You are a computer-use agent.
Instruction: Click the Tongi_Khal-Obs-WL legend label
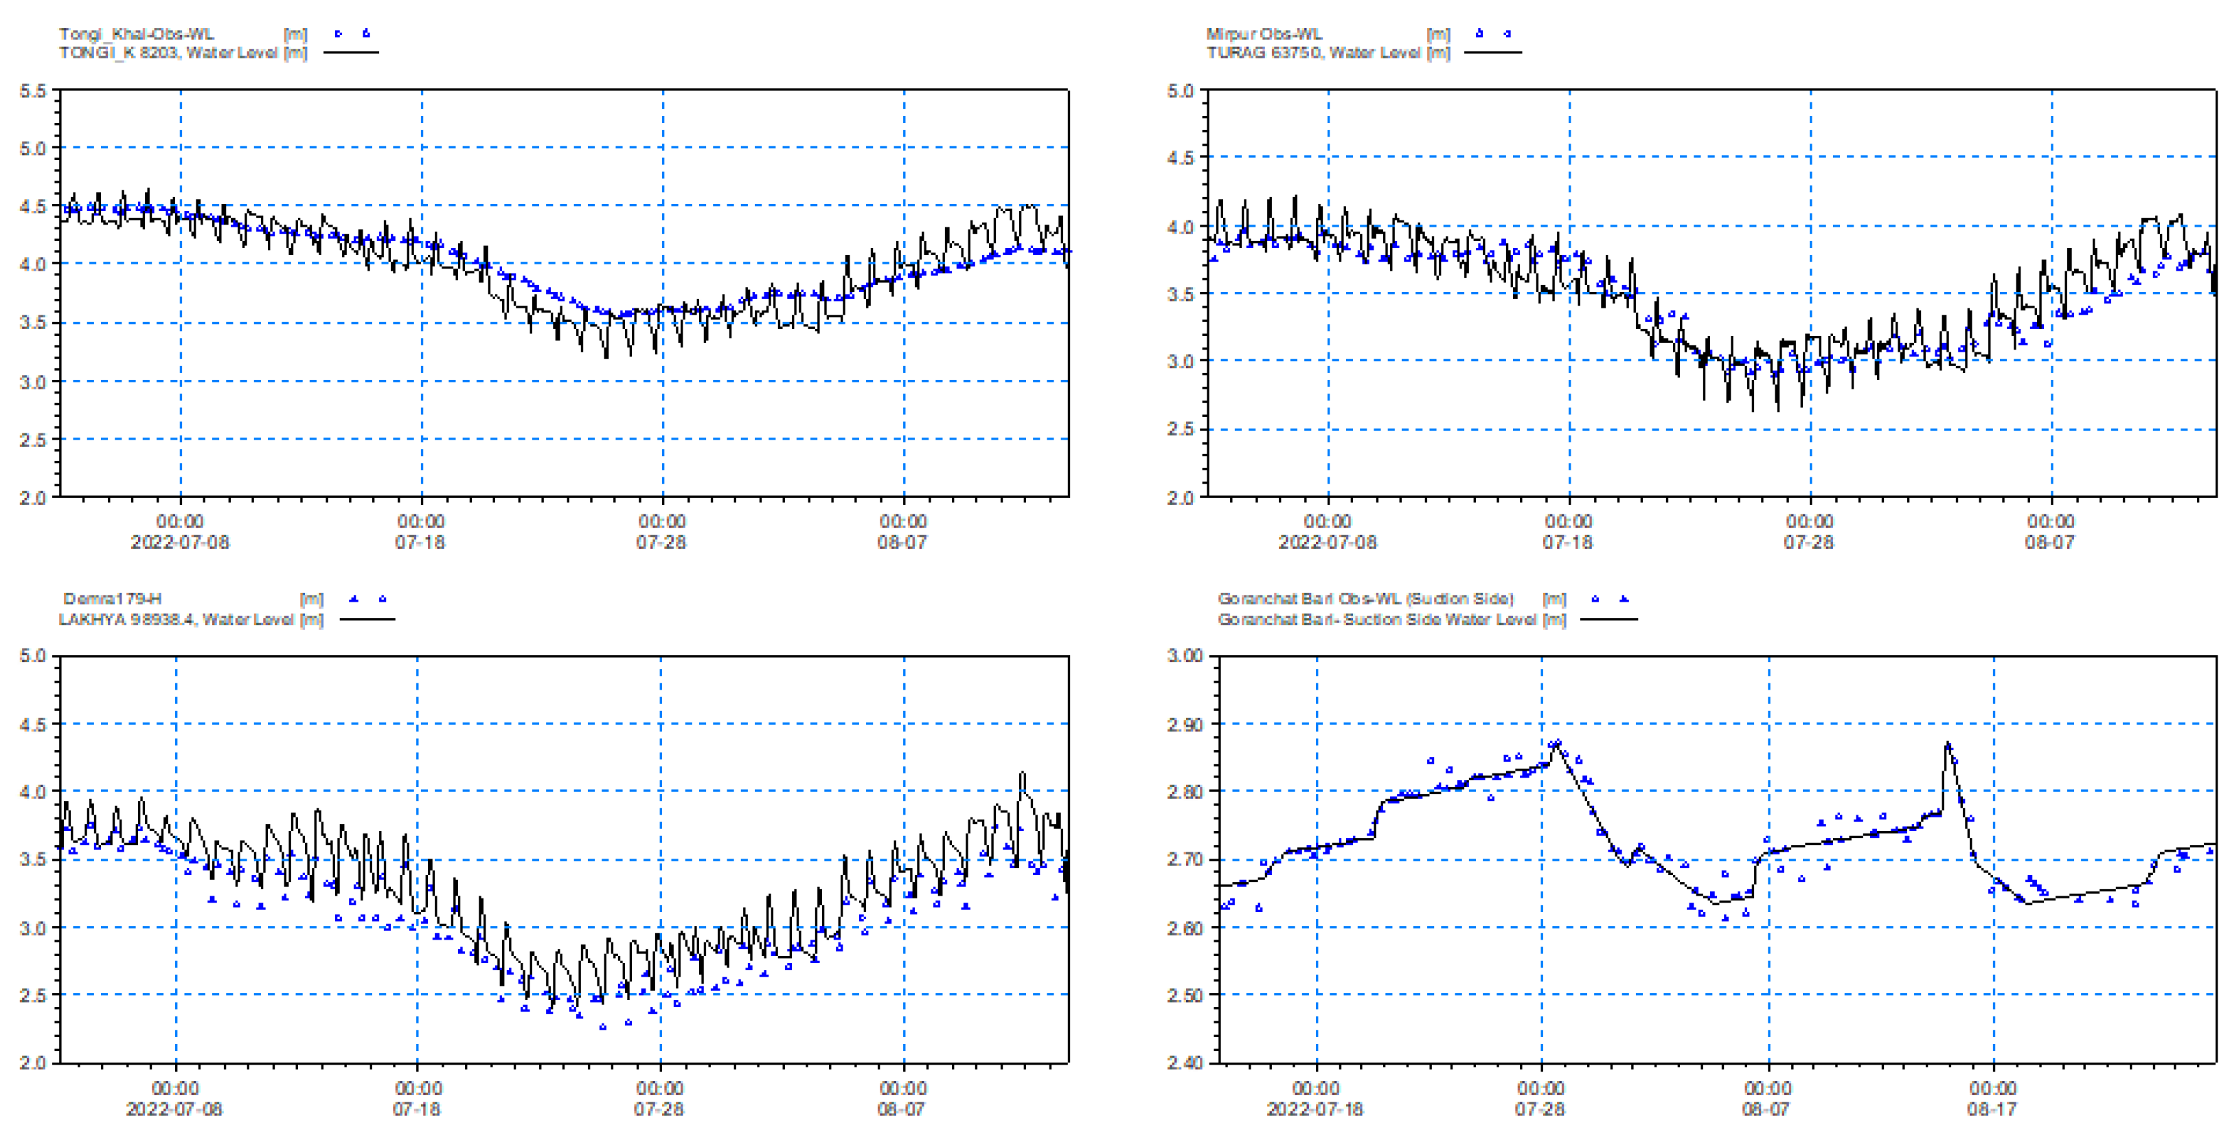point(136,34)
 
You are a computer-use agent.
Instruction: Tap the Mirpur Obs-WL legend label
point(1263,34)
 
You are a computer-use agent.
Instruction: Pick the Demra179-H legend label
point(112,598)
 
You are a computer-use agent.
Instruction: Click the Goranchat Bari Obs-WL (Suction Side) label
point(1365,598)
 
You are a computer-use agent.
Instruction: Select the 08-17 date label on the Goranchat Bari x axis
point(1991,1109)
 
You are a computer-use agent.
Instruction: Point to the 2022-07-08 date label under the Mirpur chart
point(1326,542)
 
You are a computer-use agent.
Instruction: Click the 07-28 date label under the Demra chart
point(658,1109)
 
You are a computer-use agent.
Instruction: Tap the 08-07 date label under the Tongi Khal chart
point(901,542)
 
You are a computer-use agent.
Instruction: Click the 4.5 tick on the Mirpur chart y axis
point(1180,157)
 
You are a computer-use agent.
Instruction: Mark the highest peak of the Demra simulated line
point(1023,773)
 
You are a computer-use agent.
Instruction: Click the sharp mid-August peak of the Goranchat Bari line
point(1948,742)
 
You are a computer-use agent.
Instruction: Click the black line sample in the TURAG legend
point(1492,53)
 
